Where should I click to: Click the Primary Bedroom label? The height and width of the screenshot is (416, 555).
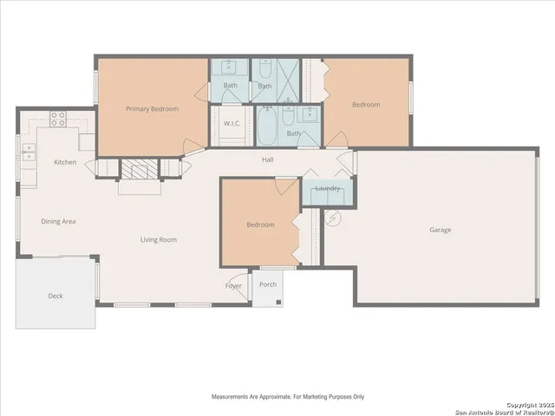click(152, 108)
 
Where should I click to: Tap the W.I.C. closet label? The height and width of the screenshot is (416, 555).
click(232, 123)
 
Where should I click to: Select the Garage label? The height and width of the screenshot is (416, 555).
click(441, 230)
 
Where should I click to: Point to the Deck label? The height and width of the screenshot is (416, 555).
click(55, 296)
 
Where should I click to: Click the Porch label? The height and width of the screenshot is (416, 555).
click(268, 284)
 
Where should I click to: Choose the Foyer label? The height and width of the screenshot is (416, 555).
click(234, 286)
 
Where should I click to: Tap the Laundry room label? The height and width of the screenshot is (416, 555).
click(328, 188)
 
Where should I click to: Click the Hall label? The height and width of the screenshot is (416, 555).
click(270, 159)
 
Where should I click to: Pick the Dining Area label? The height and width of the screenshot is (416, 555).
click(58, 222)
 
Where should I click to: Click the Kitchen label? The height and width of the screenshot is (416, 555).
click(65, 162)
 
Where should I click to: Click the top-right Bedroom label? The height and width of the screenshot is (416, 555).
click(365, 105)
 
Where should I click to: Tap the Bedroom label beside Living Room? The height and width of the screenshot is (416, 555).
click(260, 224)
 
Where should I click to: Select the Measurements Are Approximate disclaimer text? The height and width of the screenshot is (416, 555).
click(288, 396)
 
